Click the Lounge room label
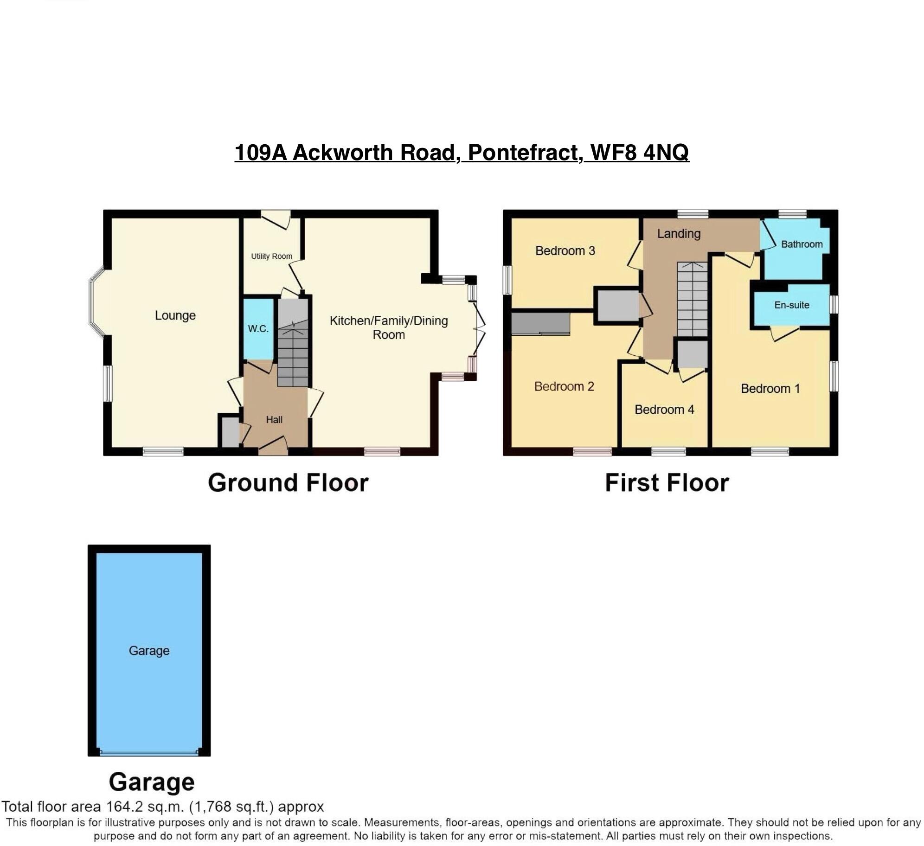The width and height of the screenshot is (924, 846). tap(175, 315)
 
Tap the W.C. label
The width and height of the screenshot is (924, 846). tap(258, 329)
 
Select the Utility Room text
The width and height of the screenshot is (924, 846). tap(271, 256)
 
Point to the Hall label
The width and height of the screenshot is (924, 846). tap(274, 420)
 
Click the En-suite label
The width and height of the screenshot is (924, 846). tap(791, 305)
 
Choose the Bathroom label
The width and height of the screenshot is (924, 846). tap(802, 244)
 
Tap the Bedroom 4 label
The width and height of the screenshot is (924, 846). tap(664, 410)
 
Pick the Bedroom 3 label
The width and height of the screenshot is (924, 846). tap(565, 251)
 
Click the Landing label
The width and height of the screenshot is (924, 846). tap(679, 234)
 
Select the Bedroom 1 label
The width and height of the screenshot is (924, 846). tap(770, 389)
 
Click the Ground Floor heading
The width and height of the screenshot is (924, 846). tap(288, 483)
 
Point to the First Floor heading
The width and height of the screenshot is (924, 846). tap(667, 483)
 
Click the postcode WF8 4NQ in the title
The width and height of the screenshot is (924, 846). tap(640, 153)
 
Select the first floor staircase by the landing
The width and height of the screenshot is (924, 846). tap(692, 299)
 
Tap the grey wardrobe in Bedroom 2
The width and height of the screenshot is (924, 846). tap(541, 323)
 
